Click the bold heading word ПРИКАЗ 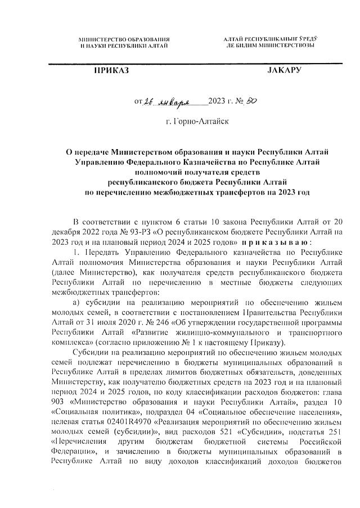[111, 71]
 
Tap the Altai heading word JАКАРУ [284, 71]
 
